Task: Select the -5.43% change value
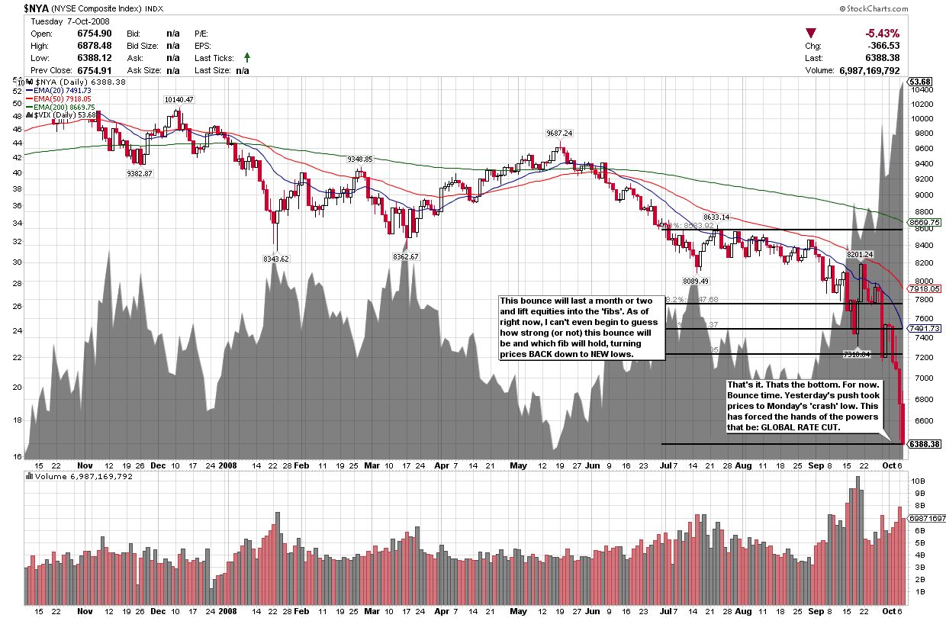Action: (x=882, y=34)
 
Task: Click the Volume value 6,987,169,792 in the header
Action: (x=868, y=70)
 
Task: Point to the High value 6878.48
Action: (x=95, y=46)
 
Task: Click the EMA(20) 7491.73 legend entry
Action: (x=60, y=90)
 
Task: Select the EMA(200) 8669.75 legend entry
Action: (x=62, y=107)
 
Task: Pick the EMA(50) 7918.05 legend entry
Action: (x=60, y=98)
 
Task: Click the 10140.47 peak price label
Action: (x=178, y=99)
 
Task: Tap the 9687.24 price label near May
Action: (x=559, y=133)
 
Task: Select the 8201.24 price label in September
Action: (x=861, y=254)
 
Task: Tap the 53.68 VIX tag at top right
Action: (x=919, y=82)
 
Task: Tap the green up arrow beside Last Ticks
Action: (x=246, y=57)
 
